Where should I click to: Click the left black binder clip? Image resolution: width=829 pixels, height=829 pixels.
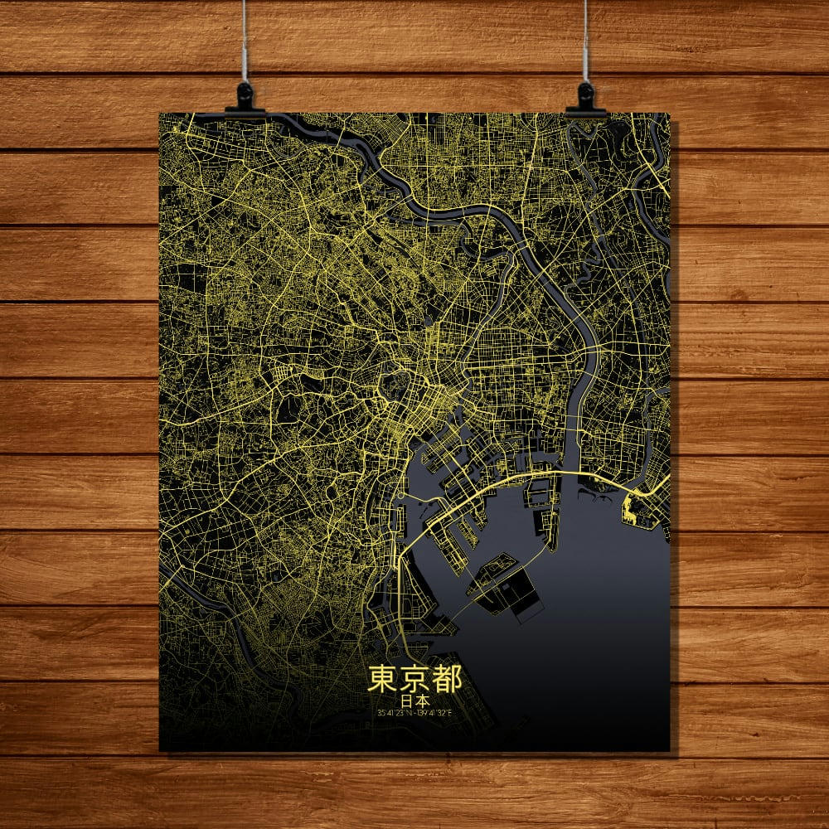point(245,97)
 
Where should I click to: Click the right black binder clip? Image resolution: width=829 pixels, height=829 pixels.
point(586,99)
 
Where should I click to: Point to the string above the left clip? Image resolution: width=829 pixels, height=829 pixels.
point(245,41)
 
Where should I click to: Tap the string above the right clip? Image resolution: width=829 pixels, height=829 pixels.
point(585,41)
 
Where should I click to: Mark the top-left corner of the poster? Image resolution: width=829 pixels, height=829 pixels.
point(160,114)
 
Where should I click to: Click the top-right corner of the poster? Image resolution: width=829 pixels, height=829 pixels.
point(669,114)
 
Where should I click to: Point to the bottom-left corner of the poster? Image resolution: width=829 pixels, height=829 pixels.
point(160,751)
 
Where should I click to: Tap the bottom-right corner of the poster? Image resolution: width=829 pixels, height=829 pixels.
point(669,751)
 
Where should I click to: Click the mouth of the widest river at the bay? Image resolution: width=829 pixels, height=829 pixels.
point(570,464)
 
